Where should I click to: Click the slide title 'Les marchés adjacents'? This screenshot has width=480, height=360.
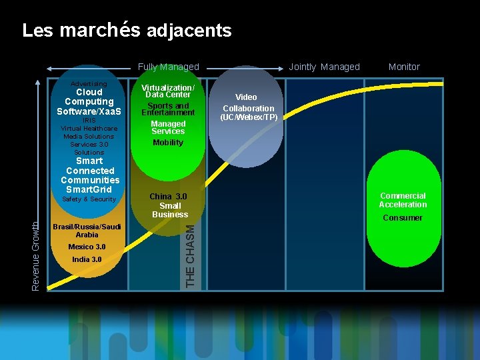(x=127, y=31)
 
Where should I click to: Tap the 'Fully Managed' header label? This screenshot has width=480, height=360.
(x=168, y=67)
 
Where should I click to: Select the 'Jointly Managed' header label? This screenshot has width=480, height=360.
(x=324, y=67)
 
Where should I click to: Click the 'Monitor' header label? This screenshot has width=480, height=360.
(x=404, y=67)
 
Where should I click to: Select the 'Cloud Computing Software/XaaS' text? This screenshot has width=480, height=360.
(x=89, y=101)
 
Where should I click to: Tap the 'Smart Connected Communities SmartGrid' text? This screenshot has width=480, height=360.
(x=89, y=175)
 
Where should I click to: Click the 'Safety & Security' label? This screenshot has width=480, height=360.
(x=89, y=199)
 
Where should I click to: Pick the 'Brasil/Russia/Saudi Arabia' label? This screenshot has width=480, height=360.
(x=87, y=231)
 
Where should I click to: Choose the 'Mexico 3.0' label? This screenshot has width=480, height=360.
(x=87, y=247)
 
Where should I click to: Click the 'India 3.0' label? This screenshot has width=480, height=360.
(x=87, y=259)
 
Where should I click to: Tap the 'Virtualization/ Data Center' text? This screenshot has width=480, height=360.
(x=169, y=91)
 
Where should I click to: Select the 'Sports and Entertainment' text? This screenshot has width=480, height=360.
(x=168, y=109)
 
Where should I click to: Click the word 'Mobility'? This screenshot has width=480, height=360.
(x=168, y=143)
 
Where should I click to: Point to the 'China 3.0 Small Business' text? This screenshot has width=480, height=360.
(x=169, y=205)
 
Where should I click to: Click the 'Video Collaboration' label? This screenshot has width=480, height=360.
(x=248, y=103)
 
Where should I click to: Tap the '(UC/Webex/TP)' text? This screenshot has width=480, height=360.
(x=249, y=117)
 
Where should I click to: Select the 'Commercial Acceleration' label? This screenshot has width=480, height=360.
(x=403, y=200)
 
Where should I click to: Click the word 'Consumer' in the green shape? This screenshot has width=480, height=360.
(x=403, y=218)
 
